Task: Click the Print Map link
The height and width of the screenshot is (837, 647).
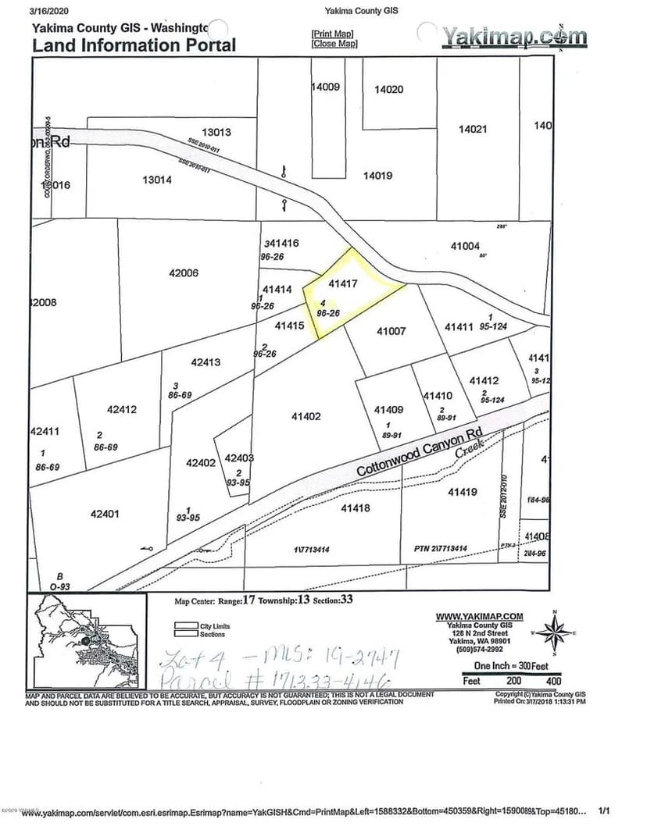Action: (332, 34)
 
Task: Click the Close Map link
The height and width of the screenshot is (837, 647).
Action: (334, 44)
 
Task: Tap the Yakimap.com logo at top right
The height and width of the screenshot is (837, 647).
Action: (513, 36)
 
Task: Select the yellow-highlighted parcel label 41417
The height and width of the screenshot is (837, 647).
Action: (343, 284)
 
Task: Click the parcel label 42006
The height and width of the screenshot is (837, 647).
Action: (184, 273)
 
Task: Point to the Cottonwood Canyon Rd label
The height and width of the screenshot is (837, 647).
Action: (421, 452)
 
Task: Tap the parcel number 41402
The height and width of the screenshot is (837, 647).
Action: (306, 417)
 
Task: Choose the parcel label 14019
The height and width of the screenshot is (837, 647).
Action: (377, 176)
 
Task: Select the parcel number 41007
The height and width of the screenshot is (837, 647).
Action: (391, 331)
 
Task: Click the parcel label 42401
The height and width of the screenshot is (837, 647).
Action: (105, 514)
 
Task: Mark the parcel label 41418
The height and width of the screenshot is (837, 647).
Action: (355, 508)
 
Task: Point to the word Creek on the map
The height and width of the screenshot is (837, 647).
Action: (470, 447)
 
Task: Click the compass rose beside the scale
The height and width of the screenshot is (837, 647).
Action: (554, 632)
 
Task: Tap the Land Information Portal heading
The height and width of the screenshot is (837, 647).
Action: (134, 45)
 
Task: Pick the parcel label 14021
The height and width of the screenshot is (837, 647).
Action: (473, 130)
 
